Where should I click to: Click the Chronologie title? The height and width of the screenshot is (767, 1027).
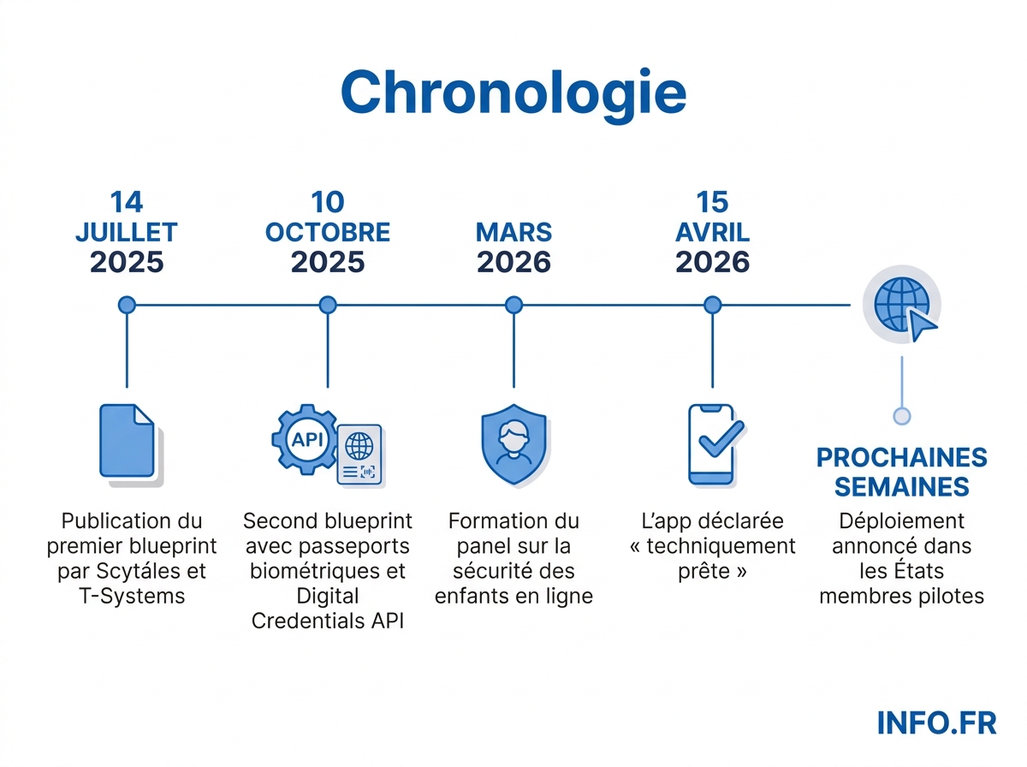coord(513,92)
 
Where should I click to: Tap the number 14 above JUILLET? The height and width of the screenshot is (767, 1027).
coord(127,202)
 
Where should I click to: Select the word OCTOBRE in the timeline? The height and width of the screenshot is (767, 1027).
coord(328,232)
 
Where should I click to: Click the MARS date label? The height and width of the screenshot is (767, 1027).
coord(513,232)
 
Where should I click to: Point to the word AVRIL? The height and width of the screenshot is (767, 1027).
coord(712,232)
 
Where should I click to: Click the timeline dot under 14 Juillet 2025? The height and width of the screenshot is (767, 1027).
coord(127,305)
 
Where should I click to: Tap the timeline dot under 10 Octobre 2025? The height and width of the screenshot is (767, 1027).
coord(328,305)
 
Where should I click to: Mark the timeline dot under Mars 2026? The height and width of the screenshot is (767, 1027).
coord(513,305)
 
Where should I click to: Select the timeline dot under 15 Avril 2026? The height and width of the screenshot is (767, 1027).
coord(712,305)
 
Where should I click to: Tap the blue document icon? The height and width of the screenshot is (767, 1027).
coord(129,443)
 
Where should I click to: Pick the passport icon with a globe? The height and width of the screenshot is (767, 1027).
coord(359,455)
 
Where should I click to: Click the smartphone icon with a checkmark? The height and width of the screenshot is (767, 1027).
coord(712,443)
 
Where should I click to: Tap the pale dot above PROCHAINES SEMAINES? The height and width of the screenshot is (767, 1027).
coord(901,416)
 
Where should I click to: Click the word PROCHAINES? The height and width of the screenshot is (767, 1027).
coord(901,458)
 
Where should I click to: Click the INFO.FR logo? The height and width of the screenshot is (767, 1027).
coord(936,722)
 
